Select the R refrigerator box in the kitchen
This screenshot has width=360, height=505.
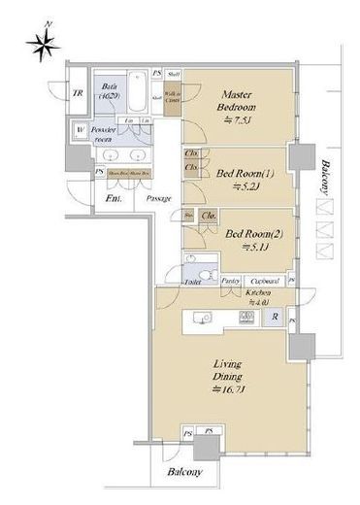click(x=276, y=318)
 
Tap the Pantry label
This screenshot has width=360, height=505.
click(x=231, y=281)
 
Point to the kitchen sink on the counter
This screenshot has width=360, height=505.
click(x=202, y=317)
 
